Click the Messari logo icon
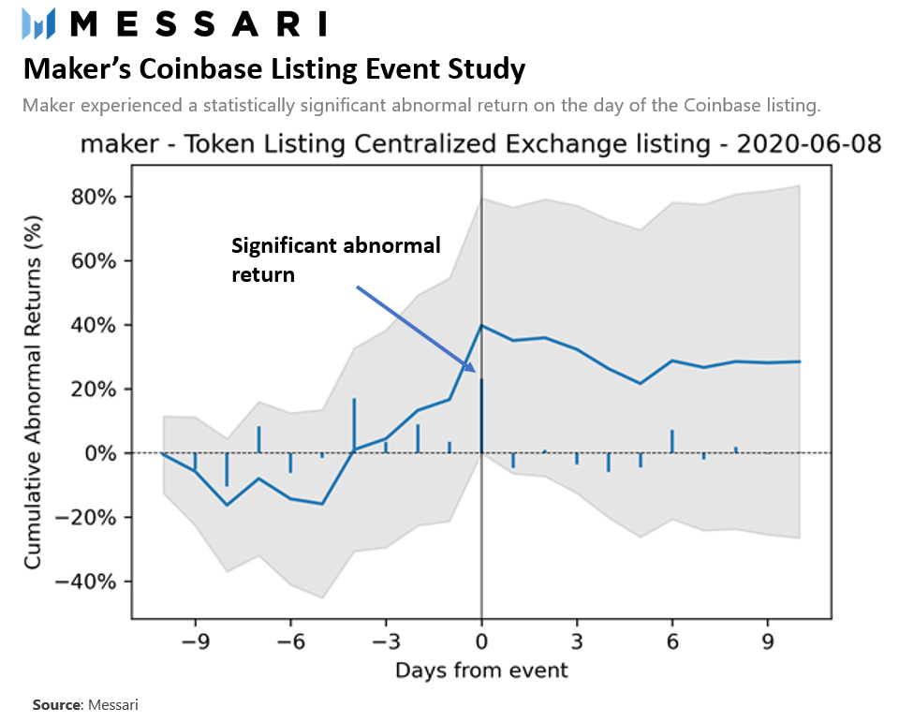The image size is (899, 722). click(x=38, y=22)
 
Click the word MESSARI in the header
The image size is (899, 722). click(x=199, y=23)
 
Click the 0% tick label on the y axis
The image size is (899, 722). click(x=107, y=453)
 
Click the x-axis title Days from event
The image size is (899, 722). click(x=481, y=670)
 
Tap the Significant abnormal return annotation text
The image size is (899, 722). click(x=335, y=259)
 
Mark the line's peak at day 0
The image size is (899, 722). click(x=481, y=326)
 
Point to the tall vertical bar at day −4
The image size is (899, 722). click(x=354, y=424)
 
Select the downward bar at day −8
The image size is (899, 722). click(x=227, y=469)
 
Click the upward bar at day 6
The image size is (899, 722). click(x=672, y=441)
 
